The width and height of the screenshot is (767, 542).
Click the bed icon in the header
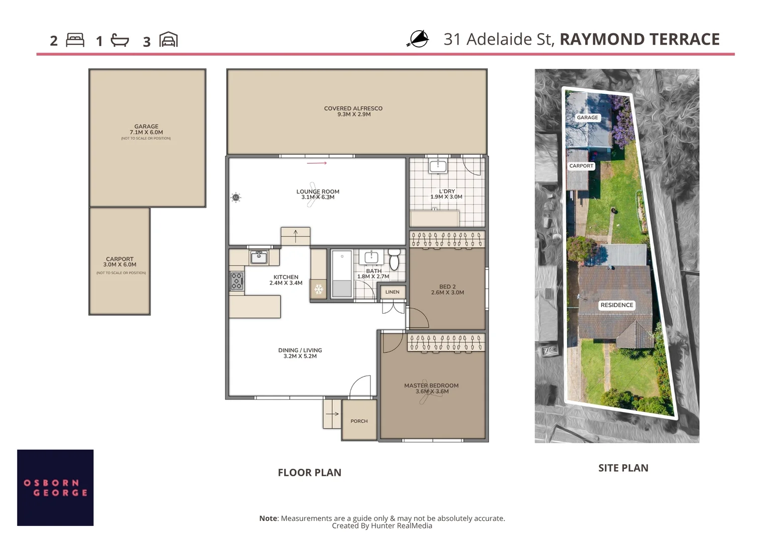[75, 40]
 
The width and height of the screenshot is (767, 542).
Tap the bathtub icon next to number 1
[119, 40]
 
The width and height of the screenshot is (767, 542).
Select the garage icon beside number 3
[168, 40]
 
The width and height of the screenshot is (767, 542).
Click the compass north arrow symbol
[418, 39]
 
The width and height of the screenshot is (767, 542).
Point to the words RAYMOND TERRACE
[640, 39]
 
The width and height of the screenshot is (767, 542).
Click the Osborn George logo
[55, 487]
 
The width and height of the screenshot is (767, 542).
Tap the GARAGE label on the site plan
[587, 117]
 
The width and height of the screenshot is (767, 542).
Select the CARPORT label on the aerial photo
[581, 166]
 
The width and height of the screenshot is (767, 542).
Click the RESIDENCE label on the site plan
[616, 305]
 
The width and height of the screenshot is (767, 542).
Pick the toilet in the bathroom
[394, 259]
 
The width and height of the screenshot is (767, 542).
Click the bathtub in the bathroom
[342, 274]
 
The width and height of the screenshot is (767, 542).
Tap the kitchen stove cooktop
[236, 281]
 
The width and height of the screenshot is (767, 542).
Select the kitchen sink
[259, 257]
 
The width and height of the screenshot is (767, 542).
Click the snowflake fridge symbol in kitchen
[318, 290]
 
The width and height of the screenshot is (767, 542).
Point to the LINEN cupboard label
[392, 292]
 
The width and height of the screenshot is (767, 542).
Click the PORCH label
[359, 421]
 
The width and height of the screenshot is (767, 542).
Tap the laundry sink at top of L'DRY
[438, 166]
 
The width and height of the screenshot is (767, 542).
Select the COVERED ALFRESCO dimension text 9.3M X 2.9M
[354, 114]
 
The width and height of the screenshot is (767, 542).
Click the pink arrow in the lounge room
[317, 163]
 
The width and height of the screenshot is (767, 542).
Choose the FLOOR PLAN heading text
[309, 472]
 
